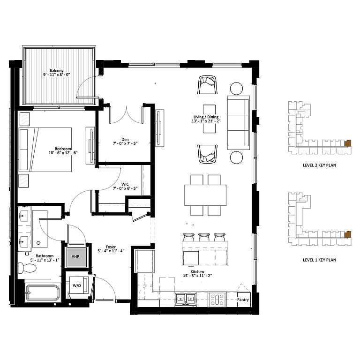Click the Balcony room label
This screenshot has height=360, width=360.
point(56,71)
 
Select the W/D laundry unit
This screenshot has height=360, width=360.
point(78,285)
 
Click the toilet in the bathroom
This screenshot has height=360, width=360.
point(27,268)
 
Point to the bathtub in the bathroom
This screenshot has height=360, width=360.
point(43,292)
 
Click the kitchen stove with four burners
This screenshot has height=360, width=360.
point(217,299)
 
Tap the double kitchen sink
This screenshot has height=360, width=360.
point(186,299)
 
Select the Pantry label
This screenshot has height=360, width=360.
point(243,300)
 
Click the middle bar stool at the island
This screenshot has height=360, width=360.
point(204,237)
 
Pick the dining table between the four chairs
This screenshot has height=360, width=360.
point(205,195)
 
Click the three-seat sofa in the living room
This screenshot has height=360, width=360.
point(239,123)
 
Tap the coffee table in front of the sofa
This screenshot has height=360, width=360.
point(209,119)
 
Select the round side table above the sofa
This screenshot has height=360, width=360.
point(236,89)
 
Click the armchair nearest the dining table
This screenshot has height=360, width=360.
point(207,154)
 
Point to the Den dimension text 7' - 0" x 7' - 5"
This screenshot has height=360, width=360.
point(125,143)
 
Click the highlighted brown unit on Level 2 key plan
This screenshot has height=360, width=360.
point(348,143)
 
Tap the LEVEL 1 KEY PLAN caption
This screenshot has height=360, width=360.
point(319,260)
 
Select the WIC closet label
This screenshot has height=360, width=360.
point(125,184)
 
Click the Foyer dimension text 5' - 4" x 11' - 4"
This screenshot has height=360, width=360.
point(111,251)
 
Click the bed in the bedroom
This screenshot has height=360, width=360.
point(45,150)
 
